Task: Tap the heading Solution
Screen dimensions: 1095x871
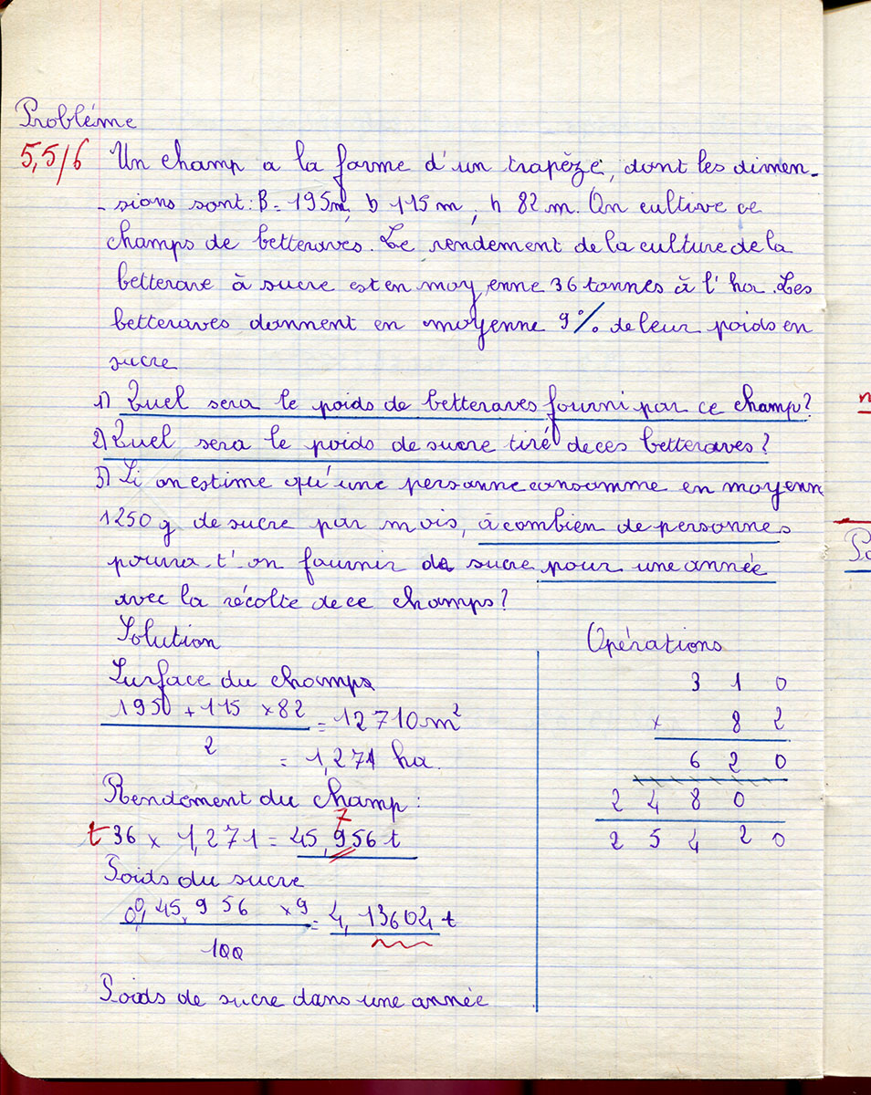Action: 169,638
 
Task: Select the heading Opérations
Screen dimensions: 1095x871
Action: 655,642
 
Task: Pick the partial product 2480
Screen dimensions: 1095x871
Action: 675,800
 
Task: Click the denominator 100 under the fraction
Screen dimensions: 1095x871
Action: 218,951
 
